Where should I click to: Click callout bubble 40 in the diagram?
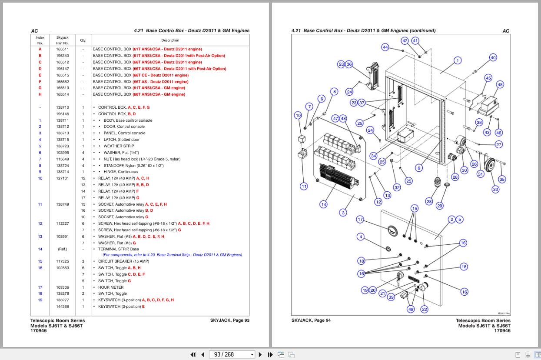click(x=493, y=57)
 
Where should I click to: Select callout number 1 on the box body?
click(x=457, y=61)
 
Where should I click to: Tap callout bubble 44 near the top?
click(x=385, y=47)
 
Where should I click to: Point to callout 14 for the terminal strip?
click(x=323, y=204)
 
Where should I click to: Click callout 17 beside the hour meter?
click(x=360, y=219)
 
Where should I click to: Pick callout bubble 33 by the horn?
click(x=495, y=189)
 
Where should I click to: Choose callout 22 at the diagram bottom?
click(x=425, y=309)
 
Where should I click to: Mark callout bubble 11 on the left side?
click(x=304, y=187)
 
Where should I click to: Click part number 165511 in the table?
click(x=62, y=49)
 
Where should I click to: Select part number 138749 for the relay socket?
click(x=62, y=204)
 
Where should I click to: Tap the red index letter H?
click(x=40, y=94)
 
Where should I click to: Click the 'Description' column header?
click(x=170, y=40)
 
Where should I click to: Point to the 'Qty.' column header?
click(x=83, y=40)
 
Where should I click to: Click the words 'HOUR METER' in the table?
click(x=110, y=287)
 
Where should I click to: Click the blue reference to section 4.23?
click(x=172, y=255)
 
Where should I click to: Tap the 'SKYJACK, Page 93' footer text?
click(x=229, y=320)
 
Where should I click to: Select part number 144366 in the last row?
click(x=62, y=307)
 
